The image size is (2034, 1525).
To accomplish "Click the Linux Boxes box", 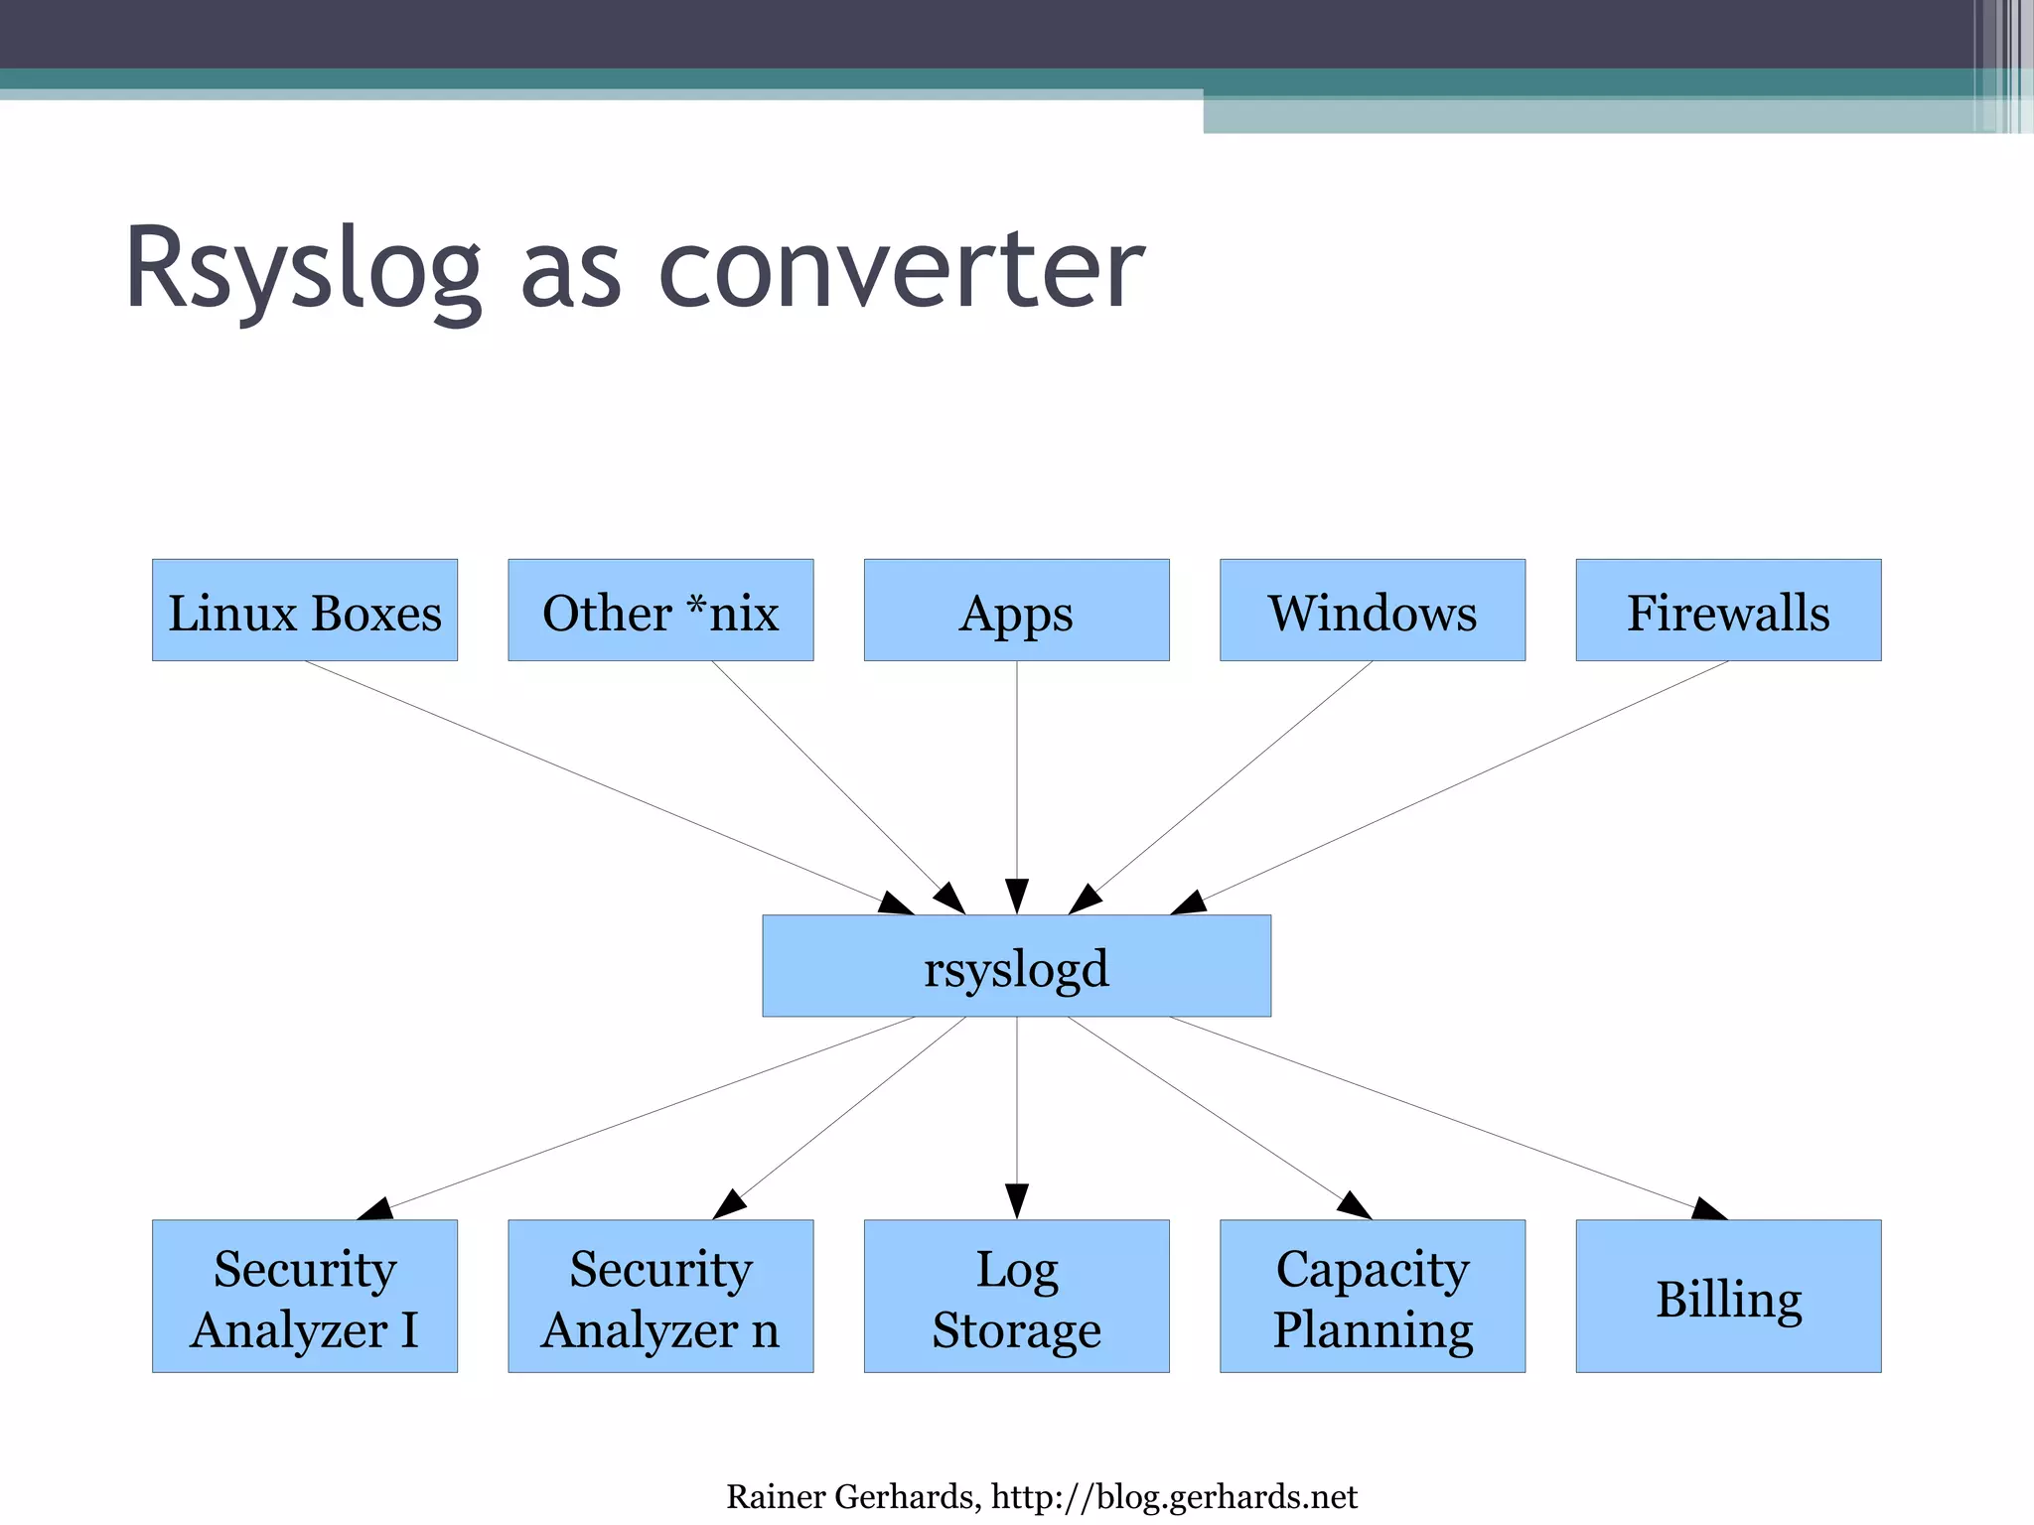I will click(304, 610).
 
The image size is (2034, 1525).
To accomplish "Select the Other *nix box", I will click(660, 610).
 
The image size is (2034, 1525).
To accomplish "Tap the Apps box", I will click(1016, 610).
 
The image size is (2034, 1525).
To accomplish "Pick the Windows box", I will click(1372, 610).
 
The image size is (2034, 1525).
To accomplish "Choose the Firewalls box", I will click(1728, 610).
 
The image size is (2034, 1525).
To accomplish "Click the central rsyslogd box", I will click(1016, 966).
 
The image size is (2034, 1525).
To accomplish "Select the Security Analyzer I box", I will click(304, 1296).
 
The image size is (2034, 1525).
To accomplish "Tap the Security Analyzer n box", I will click(660, 1296).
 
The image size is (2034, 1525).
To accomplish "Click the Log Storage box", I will click(1016, 1296).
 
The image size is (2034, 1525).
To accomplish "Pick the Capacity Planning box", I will click(1372, 1296).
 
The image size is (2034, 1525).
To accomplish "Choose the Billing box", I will click(1728, 1296).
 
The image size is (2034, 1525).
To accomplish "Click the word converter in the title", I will click(901, 268).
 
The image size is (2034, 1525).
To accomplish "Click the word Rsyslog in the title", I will click(303, 268).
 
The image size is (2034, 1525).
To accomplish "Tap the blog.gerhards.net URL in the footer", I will click(1174, 1496).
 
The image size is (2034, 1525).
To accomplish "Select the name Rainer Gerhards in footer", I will click(849, 1496).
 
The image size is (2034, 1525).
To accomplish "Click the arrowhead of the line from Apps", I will click(1016, 896).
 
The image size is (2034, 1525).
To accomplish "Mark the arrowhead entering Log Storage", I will click(1016, 1200).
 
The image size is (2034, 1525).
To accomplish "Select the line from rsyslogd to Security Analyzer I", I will click(646, 1112).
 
